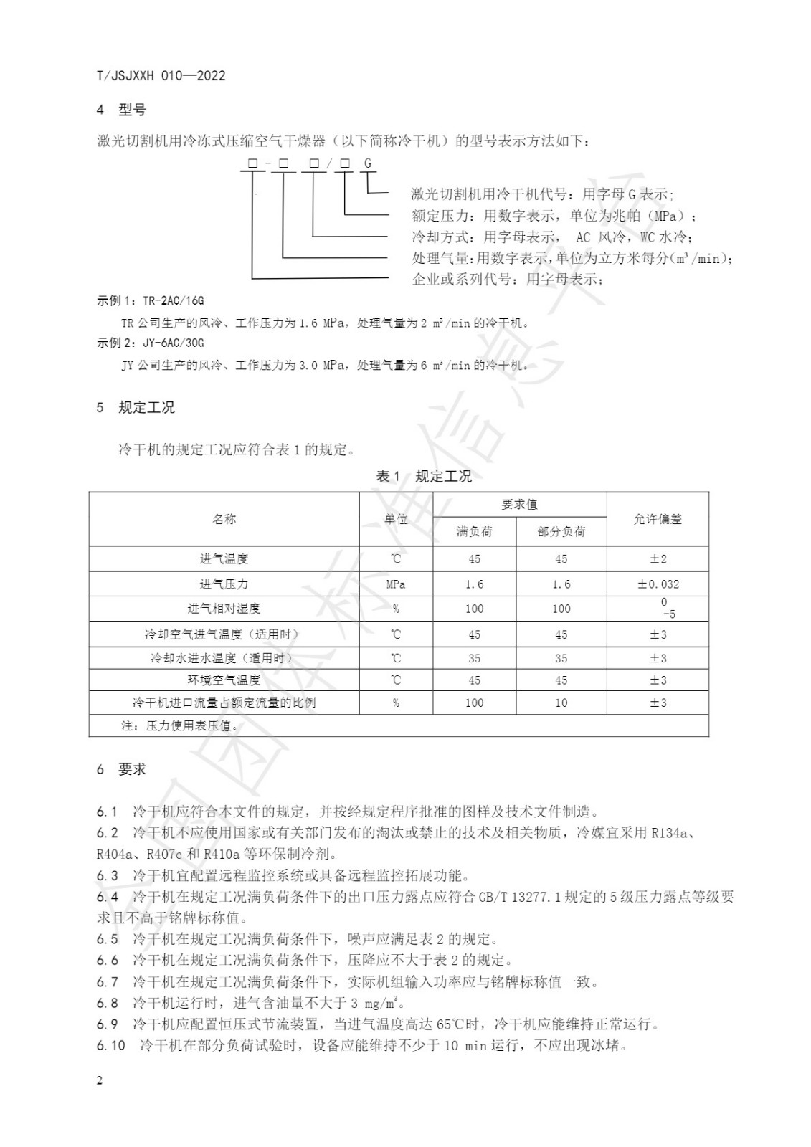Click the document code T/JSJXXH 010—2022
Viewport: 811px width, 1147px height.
(161, 76)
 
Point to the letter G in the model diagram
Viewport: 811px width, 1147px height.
(368, 164)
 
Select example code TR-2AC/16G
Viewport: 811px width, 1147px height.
(173, 301)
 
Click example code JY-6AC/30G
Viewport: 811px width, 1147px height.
(173, 343)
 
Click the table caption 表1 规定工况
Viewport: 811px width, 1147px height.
(424, 477)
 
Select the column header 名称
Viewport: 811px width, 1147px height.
(224, 519)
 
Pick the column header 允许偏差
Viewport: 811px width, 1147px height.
(658, 519)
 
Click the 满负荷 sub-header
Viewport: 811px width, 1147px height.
(475, 532)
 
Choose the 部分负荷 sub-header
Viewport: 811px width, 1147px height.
(561, 532)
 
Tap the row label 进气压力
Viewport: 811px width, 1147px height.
(224, 584)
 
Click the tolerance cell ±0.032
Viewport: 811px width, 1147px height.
(658, 584)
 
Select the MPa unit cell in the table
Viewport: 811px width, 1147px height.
(396, 584)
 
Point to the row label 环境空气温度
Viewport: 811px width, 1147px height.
(224, 680)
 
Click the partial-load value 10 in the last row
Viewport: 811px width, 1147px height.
(561, 703)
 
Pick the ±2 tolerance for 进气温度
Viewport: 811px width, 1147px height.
(658, 559)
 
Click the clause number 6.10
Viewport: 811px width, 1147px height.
(110, 1046)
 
